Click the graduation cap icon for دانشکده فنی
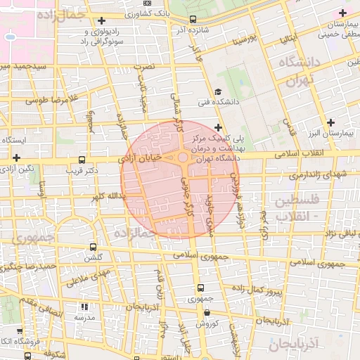coord(219,92)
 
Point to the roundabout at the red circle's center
coord(183,158)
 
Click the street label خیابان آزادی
coord(141,160)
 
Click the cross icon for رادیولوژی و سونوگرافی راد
coord(103,20)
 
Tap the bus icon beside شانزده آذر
coord(193,19)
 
